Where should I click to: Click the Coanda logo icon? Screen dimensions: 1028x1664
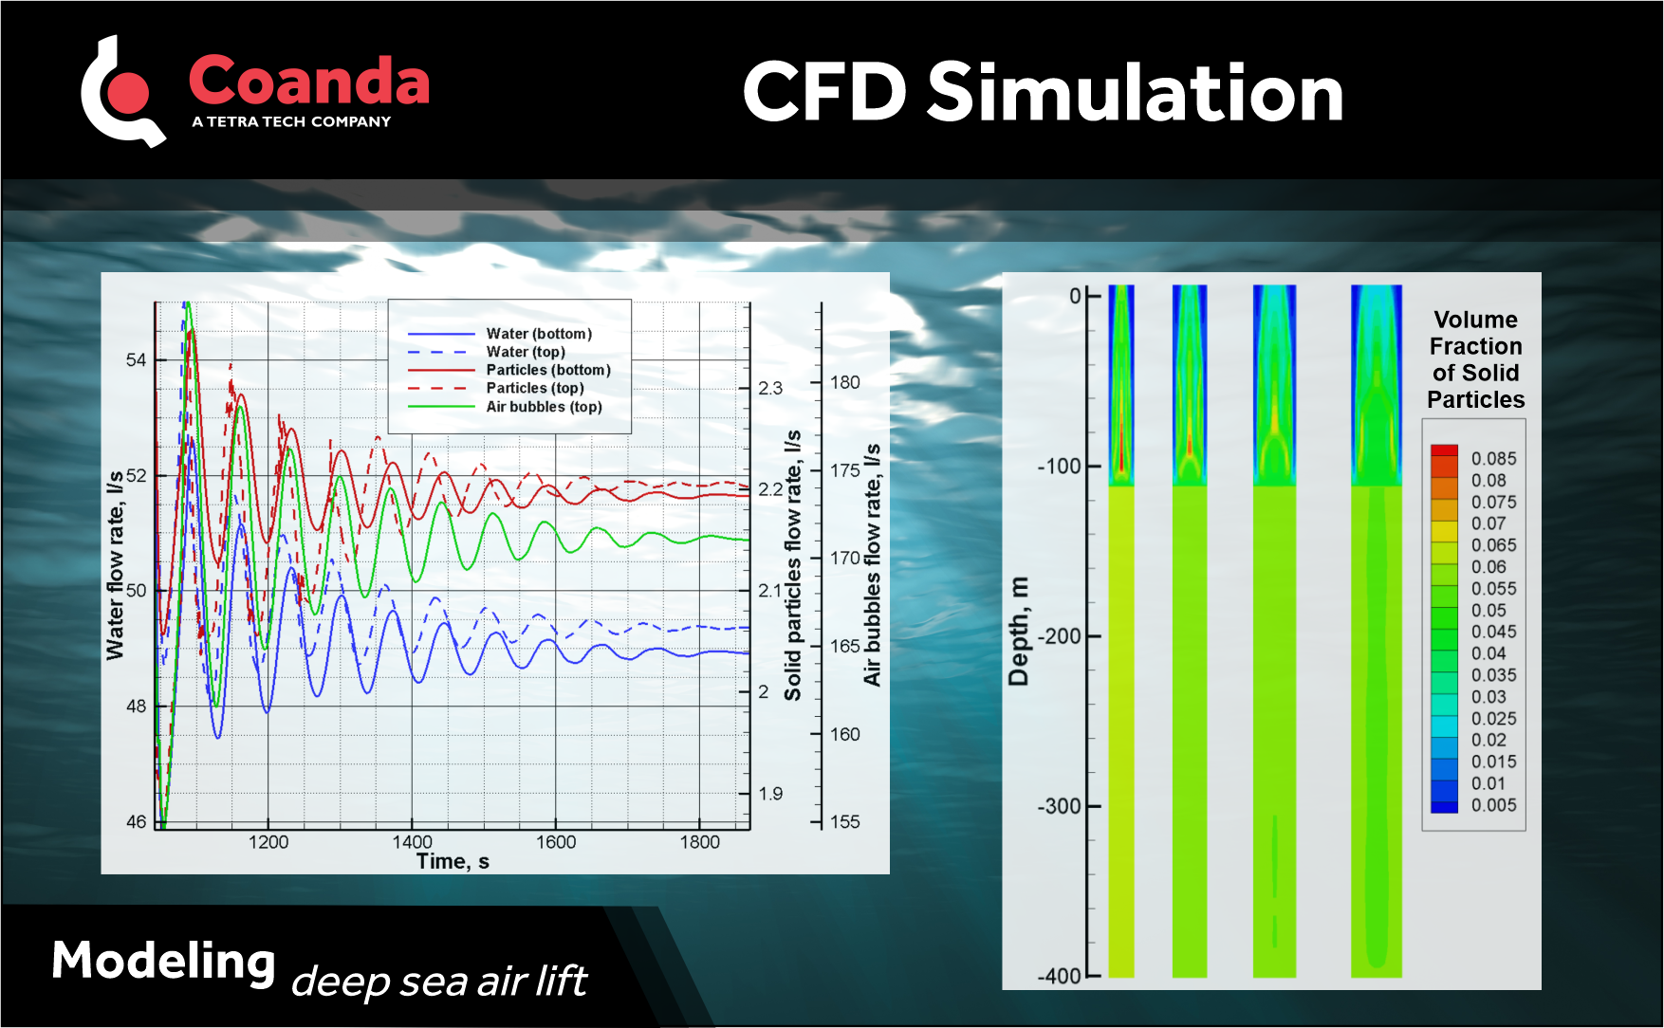click(x=123, y=92)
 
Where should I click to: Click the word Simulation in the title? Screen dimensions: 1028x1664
click(x=1135, y=93)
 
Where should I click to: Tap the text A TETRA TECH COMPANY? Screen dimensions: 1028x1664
click(x=291, y=122)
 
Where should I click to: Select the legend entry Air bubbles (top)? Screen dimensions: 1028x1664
click(x=544, y=407)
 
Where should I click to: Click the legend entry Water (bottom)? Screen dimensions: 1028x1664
click(x=539, y=334)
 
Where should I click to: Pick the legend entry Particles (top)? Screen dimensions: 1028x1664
click(x=535, y=388)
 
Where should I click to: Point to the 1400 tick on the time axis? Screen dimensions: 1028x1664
click(x=412, y=842)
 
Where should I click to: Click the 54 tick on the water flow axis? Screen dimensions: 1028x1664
click(x=137, y=360)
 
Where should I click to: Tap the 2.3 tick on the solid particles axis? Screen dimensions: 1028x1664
click(x=770, y=388)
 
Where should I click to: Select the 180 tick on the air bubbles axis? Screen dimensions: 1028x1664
click(x=844, y=382)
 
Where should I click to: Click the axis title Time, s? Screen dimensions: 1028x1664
click(x=453, y=861)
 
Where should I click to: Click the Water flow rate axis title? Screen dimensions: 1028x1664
click(x=115, y=565)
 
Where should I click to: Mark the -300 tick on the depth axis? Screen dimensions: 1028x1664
click(x=1059, y=807)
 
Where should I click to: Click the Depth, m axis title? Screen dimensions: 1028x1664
click(x=1018, y=631)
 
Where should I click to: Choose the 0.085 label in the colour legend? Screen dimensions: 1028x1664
click(x=1493, y=459)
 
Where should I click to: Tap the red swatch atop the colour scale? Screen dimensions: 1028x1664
click(x=1444, y=450)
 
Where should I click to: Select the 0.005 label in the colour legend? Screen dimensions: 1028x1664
click(x=1493, y=805)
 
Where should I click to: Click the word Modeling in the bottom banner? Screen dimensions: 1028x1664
click(x=163, y=962)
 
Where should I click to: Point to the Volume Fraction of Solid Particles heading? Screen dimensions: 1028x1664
click(x=1475, y=359)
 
